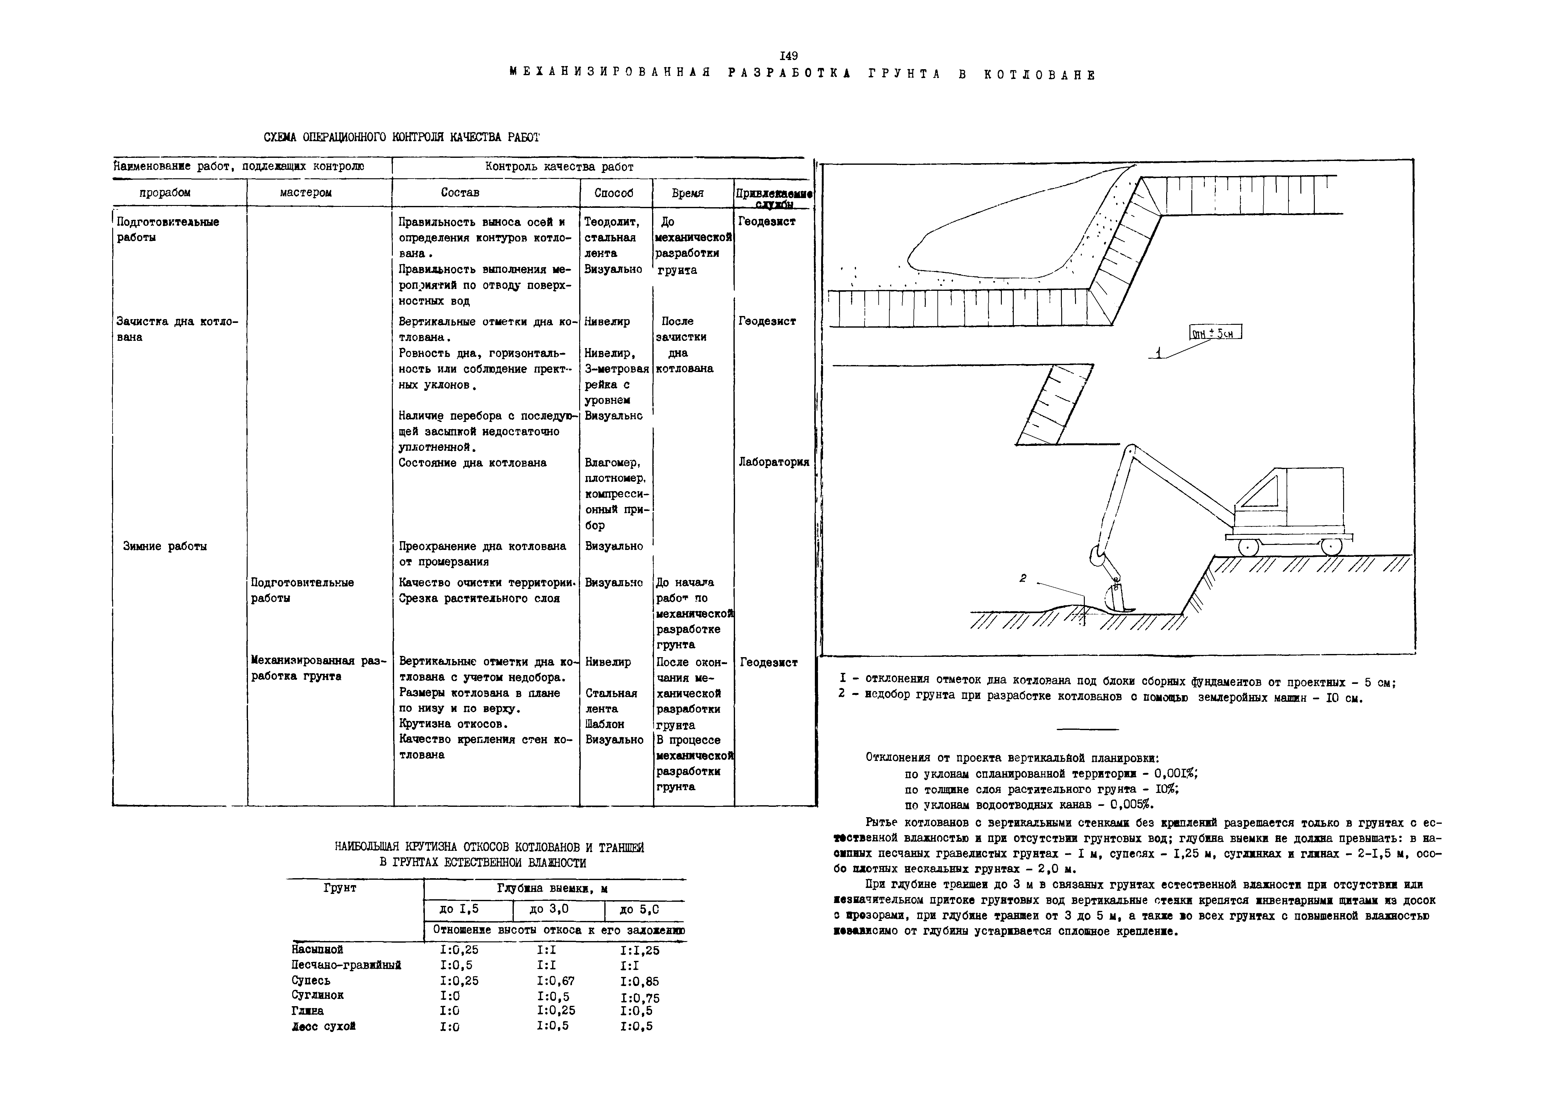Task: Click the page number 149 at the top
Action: click(x=789, y=56)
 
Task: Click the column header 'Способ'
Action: click(x=614, y=193)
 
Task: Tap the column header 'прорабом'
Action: click(x=165, y=193)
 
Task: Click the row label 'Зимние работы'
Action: click(x=165, y=546)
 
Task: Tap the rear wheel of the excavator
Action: click(x=1331, y=546)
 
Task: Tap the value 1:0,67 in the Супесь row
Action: click(x=555, y=981)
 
